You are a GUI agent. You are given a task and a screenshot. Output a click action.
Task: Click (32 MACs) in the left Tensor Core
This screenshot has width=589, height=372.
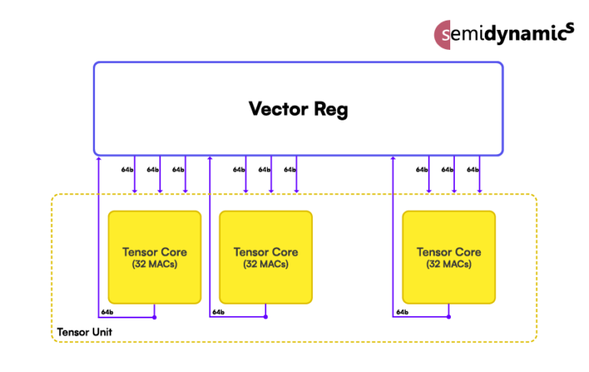(155, 264)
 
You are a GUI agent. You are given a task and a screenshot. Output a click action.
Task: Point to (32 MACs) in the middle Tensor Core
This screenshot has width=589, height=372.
(265, 264)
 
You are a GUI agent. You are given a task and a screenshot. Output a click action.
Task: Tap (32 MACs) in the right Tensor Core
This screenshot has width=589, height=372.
(449, 264)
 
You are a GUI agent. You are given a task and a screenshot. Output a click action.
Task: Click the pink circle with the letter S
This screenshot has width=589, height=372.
(443, 35)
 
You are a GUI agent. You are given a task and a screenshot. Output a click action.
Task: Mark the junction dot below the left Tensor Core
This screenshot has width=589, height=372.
(155, 317)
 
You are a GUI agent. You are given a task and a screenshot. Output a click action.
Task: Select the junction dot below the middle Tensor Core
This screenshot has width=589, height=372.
(266, 317)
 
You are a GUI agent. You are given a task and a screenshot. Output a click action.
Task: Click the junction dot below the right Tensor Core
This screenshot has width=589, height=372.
(449, 317)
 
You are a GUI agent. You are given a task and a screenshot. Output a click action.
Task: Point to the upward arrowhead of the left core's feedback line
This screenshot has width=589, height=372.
(99, 160)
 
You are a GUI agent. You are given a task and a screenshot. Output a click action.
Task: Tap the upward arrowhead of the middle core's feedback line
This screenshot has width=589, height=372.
(209, 160)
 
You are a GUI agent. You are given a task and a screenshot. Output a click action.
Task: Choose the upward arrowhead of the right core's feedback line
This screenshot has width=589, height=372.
(393, 160)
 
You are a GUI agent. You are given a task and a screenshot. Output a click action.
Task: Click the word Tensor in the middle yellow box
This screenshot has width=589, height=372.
(251, 252)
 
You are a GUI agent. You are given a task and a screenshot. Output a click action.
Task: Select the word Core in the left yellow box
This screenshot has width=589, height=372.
(173, 252)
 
